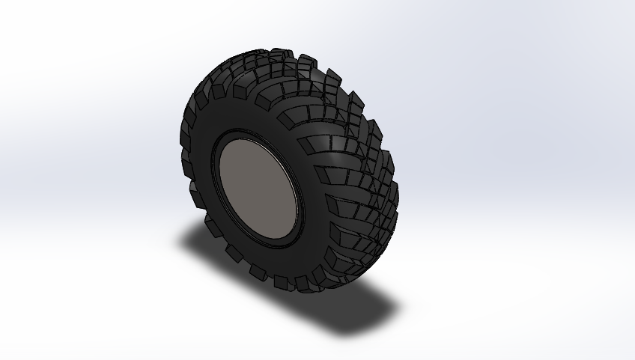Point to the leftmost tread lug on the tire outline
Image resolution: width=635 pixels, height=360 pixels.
(186, 135)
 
